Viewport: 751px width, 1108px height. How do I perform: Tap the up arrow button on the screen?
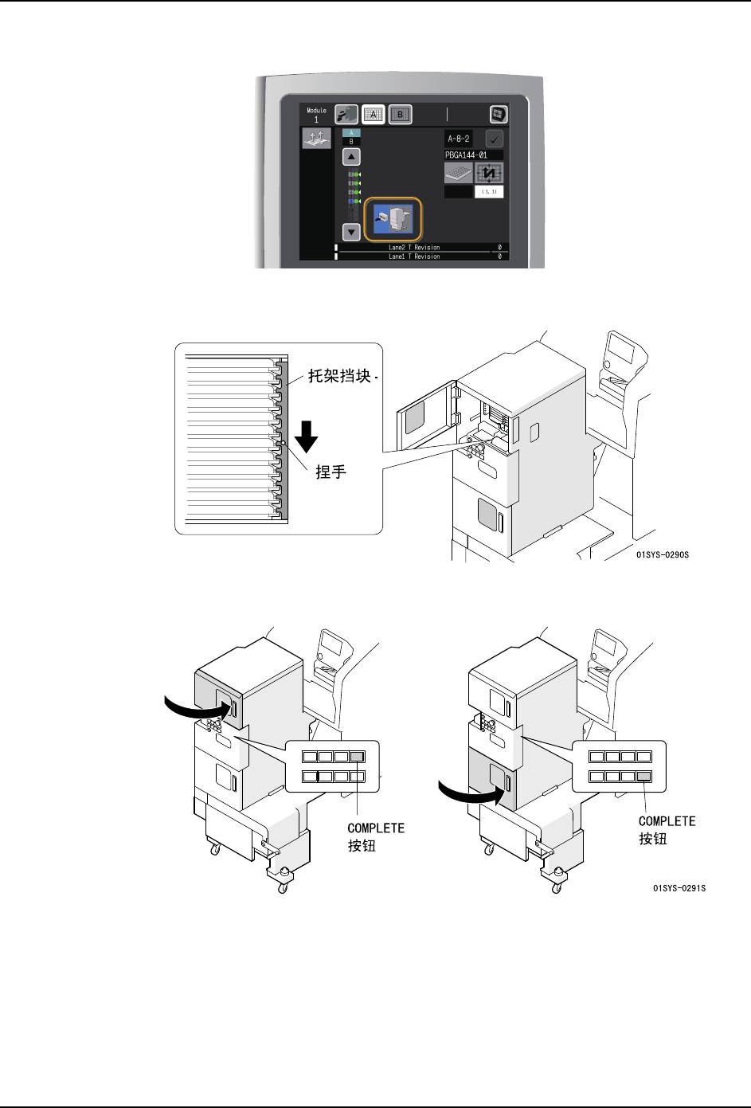tap(351, 157)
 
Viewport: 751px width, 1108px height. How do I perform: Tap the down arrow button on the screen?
tap(351, 232)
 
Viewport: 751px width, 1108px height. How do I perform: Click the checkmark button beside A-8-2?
tap(494, 139)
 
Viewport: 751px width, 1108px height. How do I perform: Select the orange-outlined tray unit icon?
tap(393, 219)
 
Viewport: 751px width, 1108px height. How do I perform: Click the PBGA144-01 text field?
tap(473, 155)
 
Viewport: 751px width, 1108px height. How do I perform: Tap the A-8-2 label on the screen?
tap(459, 139)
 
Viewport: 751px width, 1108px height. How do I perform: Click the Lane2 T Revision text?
tap(413, 248)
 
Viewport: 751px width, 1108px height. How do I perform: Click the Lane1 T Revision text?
tap(413, 256)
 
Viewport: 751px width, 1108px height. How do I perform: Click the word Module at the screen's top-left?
tap(316, 111)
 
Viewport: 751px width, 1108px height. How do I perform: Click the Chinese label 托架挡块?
tap(339, 376)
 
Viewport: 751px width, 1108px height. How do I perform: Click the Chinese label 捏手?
tap(331, 472)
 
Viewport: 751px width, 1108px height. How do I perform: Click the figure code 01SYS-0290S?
tap(662, 554)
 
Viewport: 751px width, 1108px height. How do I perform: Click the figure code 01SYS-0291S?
tap(679, 887)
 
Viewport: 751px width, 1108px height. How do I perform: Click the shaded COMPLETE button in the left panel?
tap(357, 757)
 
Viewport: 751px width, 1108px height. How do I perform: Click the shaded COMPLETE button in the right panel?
tap(644, 776)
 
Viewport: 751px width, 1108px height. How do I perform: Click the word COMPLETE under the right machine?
tap(667, 821)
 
